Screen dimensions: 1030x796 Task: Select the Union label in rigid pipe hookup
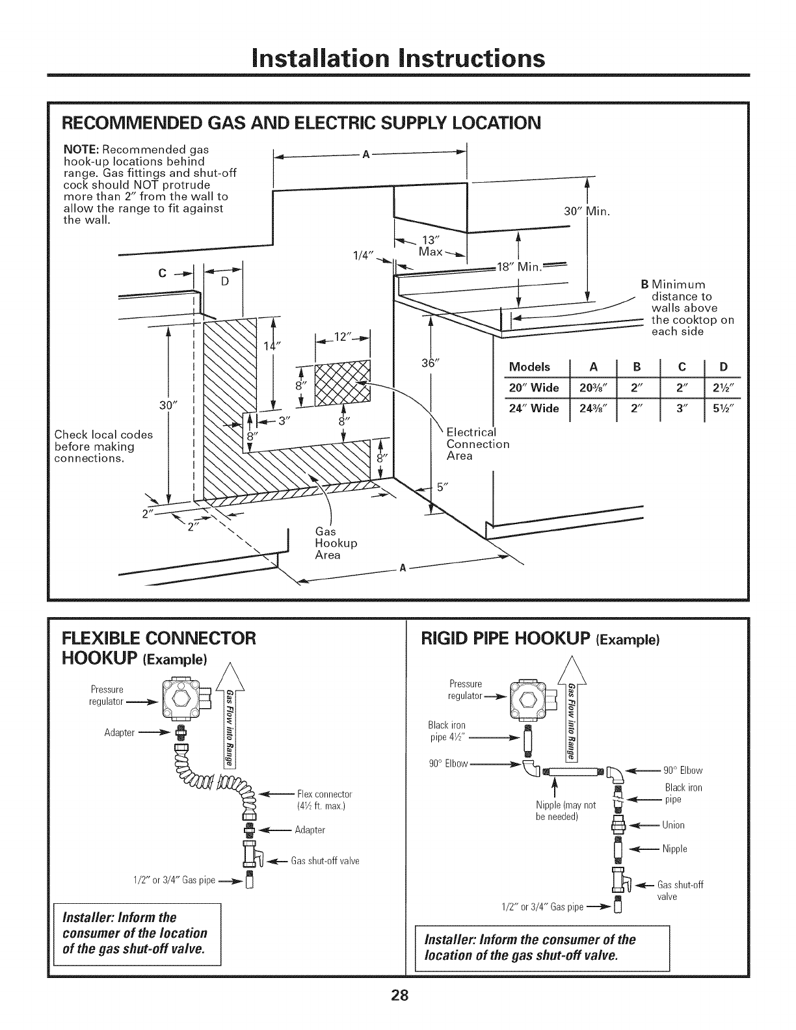pyautogui.click(x=673, y=825)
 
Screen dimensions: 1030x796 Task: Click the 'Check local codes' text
pyautogui.click(x=103, y=434)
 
